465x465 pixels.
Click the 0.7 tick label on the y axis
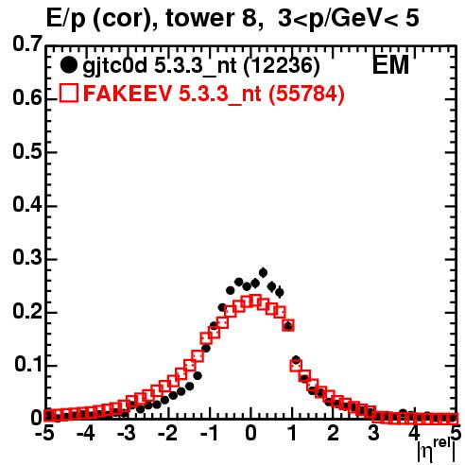point(27,43)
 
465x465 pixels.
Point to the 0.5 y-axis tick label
point(27,151)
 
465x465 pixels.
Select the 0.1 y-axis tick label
point(28,364)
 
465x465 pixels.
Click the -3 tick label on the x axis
point(126,433)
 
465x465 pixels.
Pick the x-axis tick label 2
point(333,433)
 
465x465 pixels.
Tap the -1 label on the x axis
point(210,433)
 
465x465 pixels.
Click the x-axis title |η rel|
point(437,450)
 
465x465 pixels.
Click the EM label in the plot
point(390,64)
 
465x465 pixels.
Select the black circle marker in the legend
point(68,65)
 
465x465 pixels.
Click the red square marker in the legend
point(68,93)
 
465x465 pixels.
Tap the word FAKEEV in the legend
point(129,93)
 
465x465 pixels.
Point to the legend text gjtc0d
point(115,66)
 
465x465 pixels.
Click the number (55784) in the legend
point(306,94)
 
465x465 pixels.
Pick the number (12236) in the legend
point(282,66)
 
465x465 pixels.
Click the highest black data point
point(263,272)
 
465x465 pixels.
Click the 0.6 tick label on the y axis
point(27,97)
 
